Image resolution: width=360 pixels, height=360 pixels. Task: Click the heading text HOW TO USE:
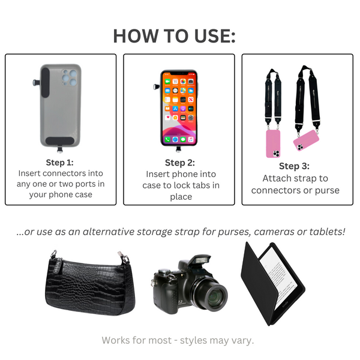[x=174, y=36]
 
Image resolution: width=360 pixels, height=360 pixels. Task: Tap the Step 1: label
[x=59, y=163]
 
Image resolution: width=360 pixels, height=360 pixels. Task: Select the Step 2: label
[x=180, y=163]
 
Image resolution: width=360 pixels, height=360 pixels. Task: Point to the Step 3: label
[x=294, y=166]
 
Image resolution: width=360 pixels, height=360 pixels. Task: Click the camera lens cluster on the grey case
[x=69, y=77]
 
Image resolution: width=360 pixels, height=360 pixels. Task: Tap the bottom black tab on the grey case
[x=59, y=141]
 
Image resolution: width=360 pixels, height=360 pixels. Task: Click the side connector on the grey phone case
[x=37, y=82]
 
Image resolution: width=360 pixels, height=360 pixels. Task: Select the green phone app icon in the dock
[x=167, y=139]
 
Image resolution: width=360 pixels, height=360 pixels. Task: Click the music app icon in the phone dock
[x=191, y=139]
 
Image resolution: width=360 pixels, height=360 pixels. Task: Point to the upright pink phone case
[x=273, y=144]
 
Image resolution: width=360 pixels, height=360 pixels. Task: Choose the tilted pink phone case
[x=306, y=140]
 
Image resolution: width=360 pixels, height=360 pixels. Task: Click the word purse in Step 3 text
[x=327, y=191]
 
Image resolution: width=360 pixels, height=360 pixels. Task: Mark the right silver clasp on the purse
[x=123, y=257]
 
